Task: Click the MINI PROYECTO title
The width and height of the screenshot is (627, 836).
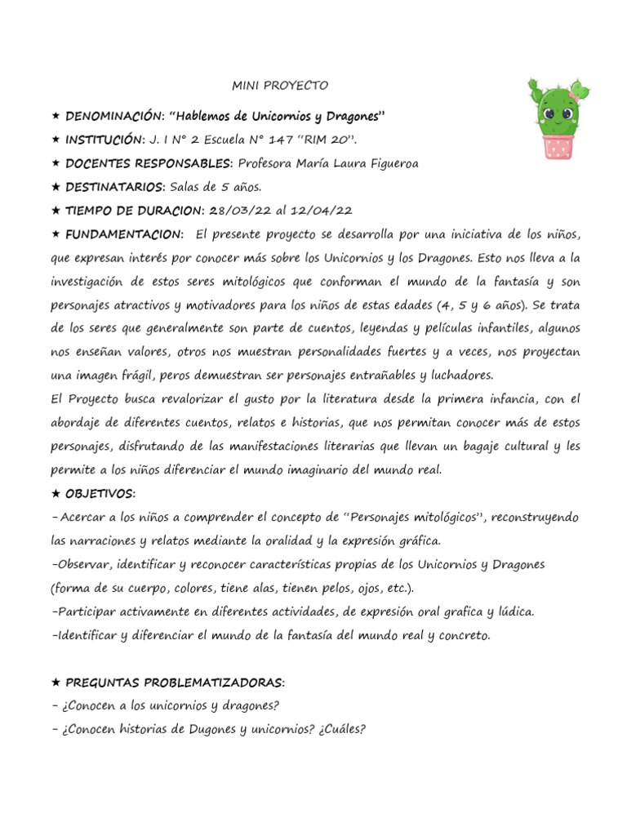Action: [x=279, y=86]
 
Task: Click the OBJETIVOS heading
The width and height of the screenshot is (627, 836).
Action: [x=100, y=494]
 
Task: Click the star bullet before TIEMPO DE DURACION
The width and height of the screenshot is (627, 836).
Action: [x=56, y=211]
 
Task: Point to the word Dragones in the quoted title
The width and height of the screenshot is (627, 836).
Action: [x=351, y=117]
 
